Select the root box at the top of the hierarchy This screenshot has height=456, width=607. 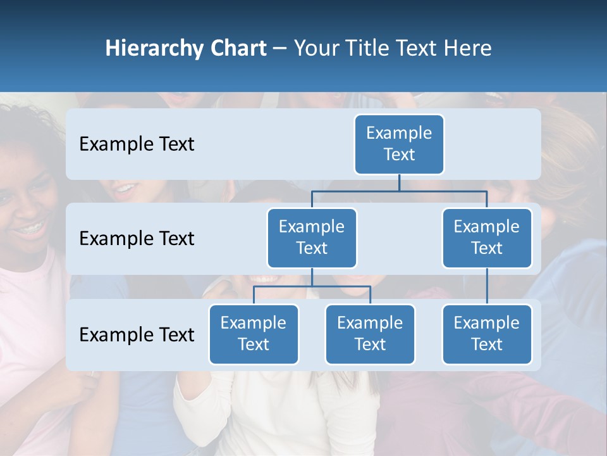pyautogui.click(x=399, y=144)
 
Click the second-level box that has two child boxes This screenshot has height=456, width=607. pyautogui.click(x=312, y=238)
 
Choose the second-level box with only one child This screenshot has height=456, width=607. pyautogui.click(x=487, y=238)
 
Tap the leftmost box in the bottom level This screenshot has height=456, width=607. pyautogui.click(x=254, y=334)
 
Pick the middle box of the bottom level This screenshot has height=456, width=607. pyautogui.click(x=370, y=334)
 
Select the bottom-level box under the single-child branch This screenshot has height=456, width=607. pyautogui.click(x=487, y=334)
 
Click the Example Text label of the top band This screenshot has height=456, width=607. pyautogui.click(x=137, y=144)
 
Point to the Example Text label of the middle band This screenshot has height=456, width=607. pyautogui.click(x=137, y=239)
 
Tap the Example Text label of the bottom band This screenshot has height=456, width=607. pyautogui.click(x=137, y=335)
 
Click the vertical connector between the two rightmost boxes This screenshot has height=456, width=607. pyautogui.click(x=487, y=286)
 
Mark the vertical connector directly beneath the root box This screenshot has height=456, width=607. pyautogui.click(x=399, y=182)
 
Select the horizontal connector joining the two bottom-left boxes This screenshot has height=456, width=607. pyautogui.click(x=312, y=286)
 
